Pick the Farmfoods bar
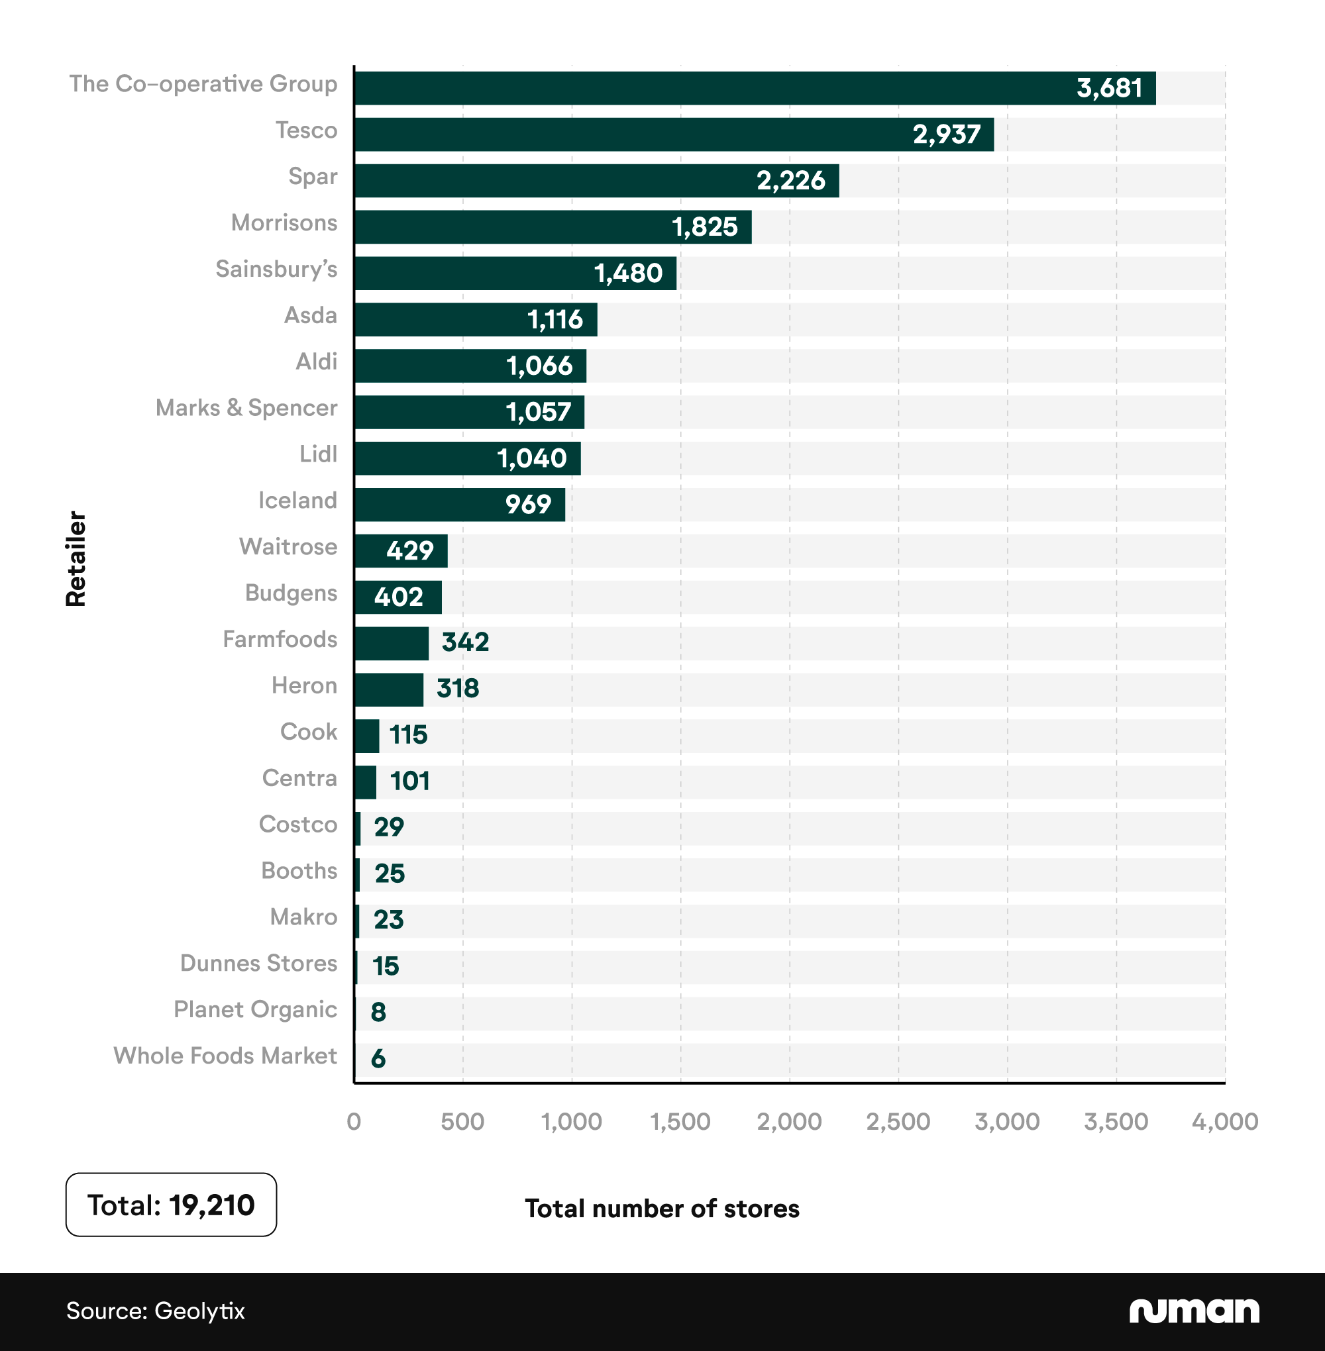tap(391, 644)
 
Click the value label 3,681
tap(1109, 88)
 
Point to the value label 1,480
tap(627, 274)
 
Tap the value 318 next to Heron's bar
tap(458, 689)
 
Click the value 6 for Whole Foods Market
tap(378, 1059)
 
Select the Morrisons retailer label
tap(284, 223)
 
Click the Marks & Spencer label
tap(246, 408)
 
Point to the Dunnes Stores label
tap(258, 964)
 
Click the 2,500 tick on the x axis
tap(898, 1121)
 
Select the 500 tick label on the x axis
tap(462, 1121)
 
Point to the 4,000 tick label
tap(1225, 1121)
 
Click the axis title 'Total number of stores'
tap(662, 1209)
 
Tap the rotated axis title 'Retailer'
tap(76, 559)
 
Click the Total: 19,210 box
tap(171, 1205)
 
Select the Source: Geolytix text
tap(156, 1311)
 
